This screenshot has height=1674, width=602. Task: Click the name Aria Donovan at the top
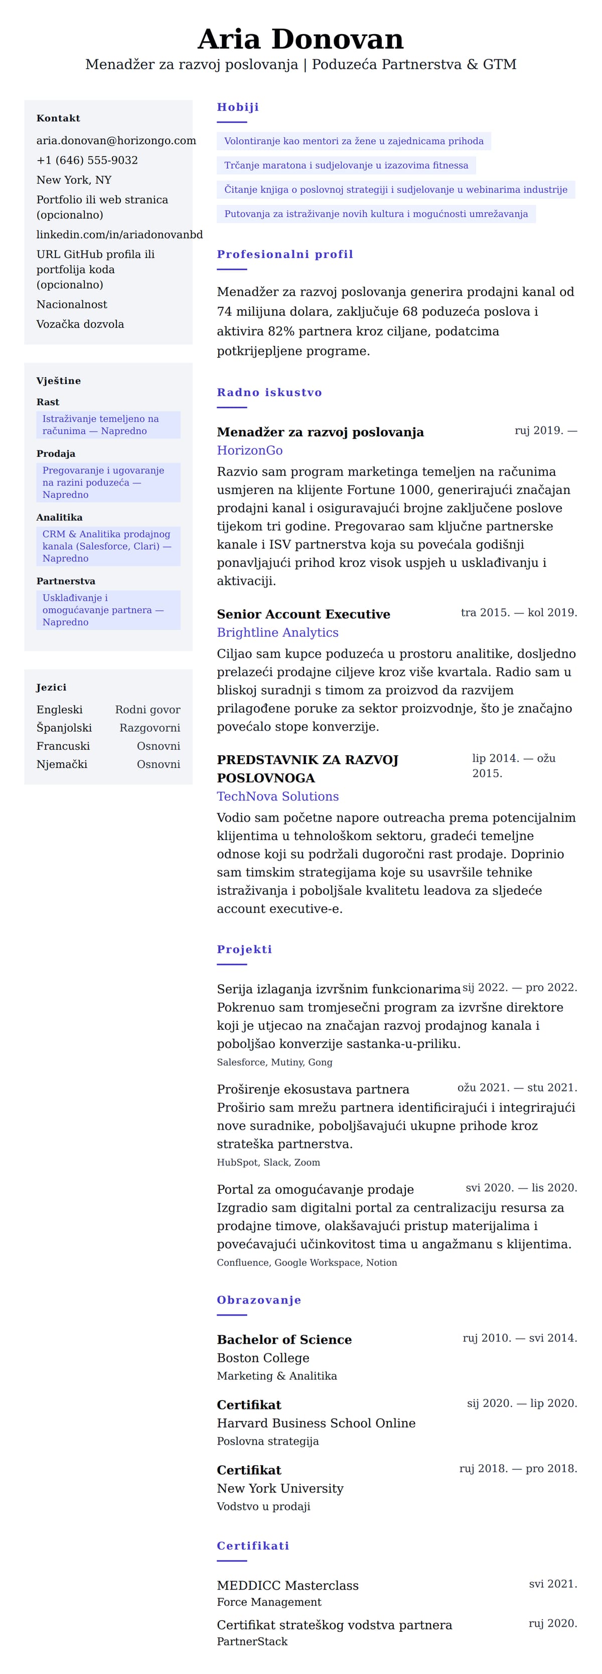pos(300,39)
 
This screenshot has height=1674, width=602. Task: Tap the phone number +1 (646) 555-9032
pos(87,160)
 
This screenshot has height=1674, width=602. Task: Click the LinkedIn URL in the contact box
pos(119,234)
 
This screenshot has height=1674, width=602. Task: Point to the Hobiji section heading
pos(238,107)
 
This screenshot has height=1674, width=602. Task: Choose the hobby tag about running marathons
pos(346,165)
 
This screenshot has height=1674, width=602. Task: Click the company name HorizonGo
pos(249,450)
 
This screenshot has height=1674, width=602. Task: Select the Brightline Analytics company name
pos(277,632)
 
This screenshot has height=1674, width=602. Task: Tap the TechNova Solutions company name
pos(277,796)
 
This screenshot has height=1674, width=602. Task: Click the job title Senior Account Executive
pos(304,614)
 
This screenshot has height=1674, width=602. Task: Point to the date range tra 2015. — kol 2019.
pos(518,612)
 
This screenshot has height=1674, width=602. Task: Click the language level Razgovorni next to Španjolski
pos(149,728)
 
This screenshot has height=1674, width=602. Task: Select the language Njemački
pos(62,764)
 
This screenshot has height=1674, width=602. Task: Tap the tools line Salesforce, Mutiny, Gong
pos(274,1062)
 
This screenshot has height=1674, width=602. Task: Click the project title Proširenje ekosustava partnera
pos(313,1089)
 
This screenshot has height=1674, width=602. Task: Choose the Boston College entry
pos(263,1358)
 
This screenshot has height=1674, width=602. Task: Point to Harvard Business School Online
pos(316,1422)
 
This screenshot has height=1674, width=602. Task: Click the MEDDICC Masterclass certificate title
pos(287,1585)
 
